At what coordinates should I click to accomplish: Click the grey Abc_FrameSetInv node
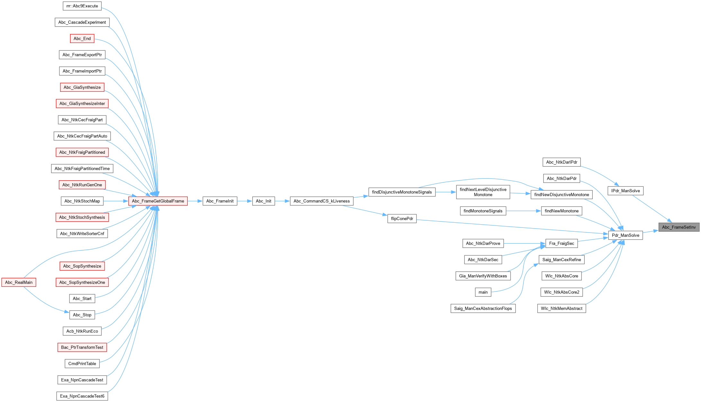[679, 227]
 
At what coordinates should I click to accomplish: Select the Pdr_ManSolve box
[625, 235]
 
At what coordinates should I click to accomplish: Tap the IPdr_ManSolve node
[625, 191]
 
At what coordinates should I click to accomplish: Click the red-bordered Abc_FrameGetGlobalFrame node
[158, 201]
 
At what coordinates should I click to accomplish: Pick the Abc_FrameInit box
[220, 201]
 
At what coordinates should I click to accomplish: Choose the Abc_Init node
[264, 201]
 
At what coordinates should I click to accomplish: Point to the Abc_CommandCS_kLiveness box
[321, 201]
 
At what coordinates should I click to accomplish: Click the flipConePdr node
[402, 218]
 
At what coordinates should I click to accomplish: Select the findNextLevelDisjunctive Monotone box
[483, 192]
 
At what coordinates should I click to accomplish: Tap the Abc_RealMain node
[19, 282]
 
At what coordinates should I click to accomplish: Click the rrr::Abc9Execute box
[82, 6]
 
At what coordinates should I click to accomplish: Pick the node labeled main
[483, 292]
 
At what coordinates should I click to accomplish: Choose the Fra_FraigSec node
[561, 243]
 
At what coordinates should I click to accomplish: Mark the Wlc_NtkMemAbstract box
[561, 308]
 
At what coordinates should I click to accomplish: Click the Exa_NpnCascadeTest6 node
[82, 396]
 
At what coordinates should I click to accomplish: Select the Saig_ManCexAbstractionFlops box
[483, 308]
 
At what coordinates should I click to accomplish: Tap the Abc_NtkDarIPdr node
[561, 162]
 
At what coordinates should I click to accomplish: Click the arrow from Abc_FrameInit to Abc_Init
[245, 201]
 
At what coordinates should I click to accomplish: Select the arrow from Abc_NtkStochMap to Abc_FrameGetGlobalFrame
[116, 201]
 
